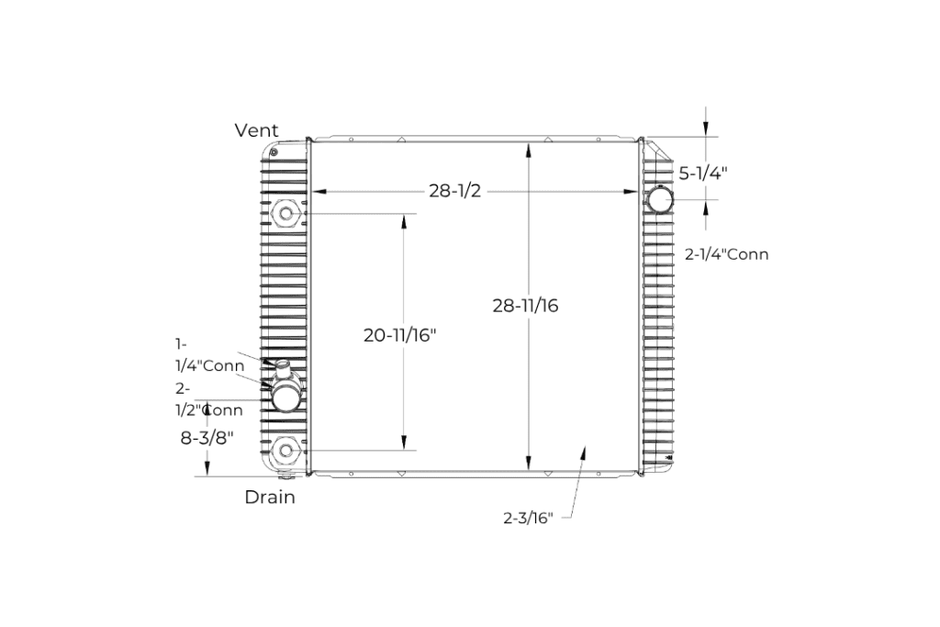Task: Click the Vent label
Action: pyautogui.click(x=256, y=130)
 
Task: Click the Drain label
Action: pyautogui.click(x=270, y=498)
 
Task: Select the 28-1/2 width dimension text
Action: pyautogui.click(x=454, y=191)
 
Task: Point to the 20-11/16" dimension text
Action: pyautogui.click(x=399, y=336)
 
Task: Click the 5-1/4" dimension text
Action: pyautogui.click(x=702, y=173)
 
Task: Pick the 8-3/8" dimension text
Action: pyautogui.click(x=207, y=438)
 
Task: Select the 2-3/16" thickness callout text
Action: pyautogui.click(x=528, y=518)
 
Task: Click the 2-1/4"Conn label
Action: pyautogui.click(x=726, y=254)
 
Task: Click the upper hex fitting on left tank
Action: pyautogui.click(x=287, y=216)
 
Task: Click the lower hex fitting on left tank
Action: pyautogui.click(x=287, y=450)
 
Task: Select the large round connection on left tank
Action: pyautogui.click(x=286, y=397)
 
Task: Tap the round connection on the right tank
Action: pyautogui.click(x=659, y=200)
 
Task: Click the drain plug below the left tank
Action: pyautogui.click(x=286, y=476)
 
